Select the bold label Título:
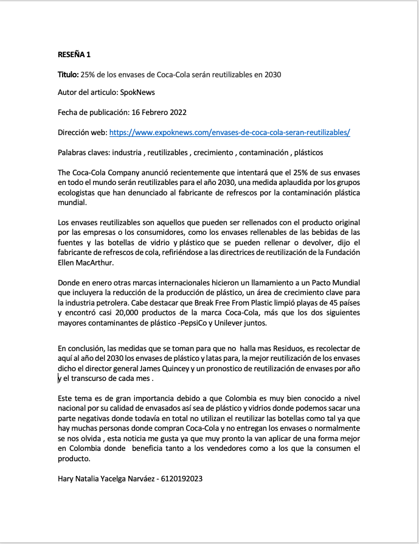[68, 74]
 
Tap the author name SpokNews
[137, 93]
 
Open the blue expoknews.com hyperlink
[229, 132]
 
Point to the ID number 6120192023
[181, 479]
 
